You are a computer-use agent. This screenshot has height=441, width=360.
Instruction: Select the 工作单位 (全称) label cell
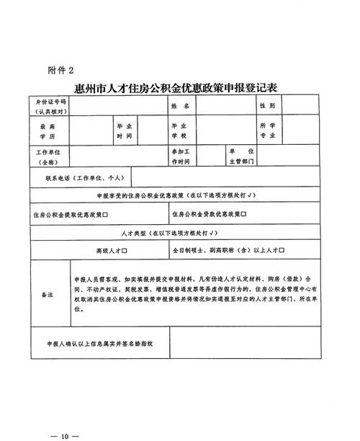[x=48, y=156]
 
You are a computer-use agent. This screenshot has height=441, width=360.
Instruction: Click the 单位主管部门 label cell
[x=240, y=156]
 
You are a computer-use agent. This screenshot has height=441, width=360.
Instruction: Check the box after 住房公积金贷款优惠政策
[x=244, y=214]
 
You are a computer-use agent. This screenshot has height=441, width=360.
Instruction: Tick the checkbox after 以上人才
[x=282, y=251]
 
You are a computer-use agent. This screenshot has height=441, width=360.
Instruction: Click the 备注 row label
[x=48, y=295]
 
